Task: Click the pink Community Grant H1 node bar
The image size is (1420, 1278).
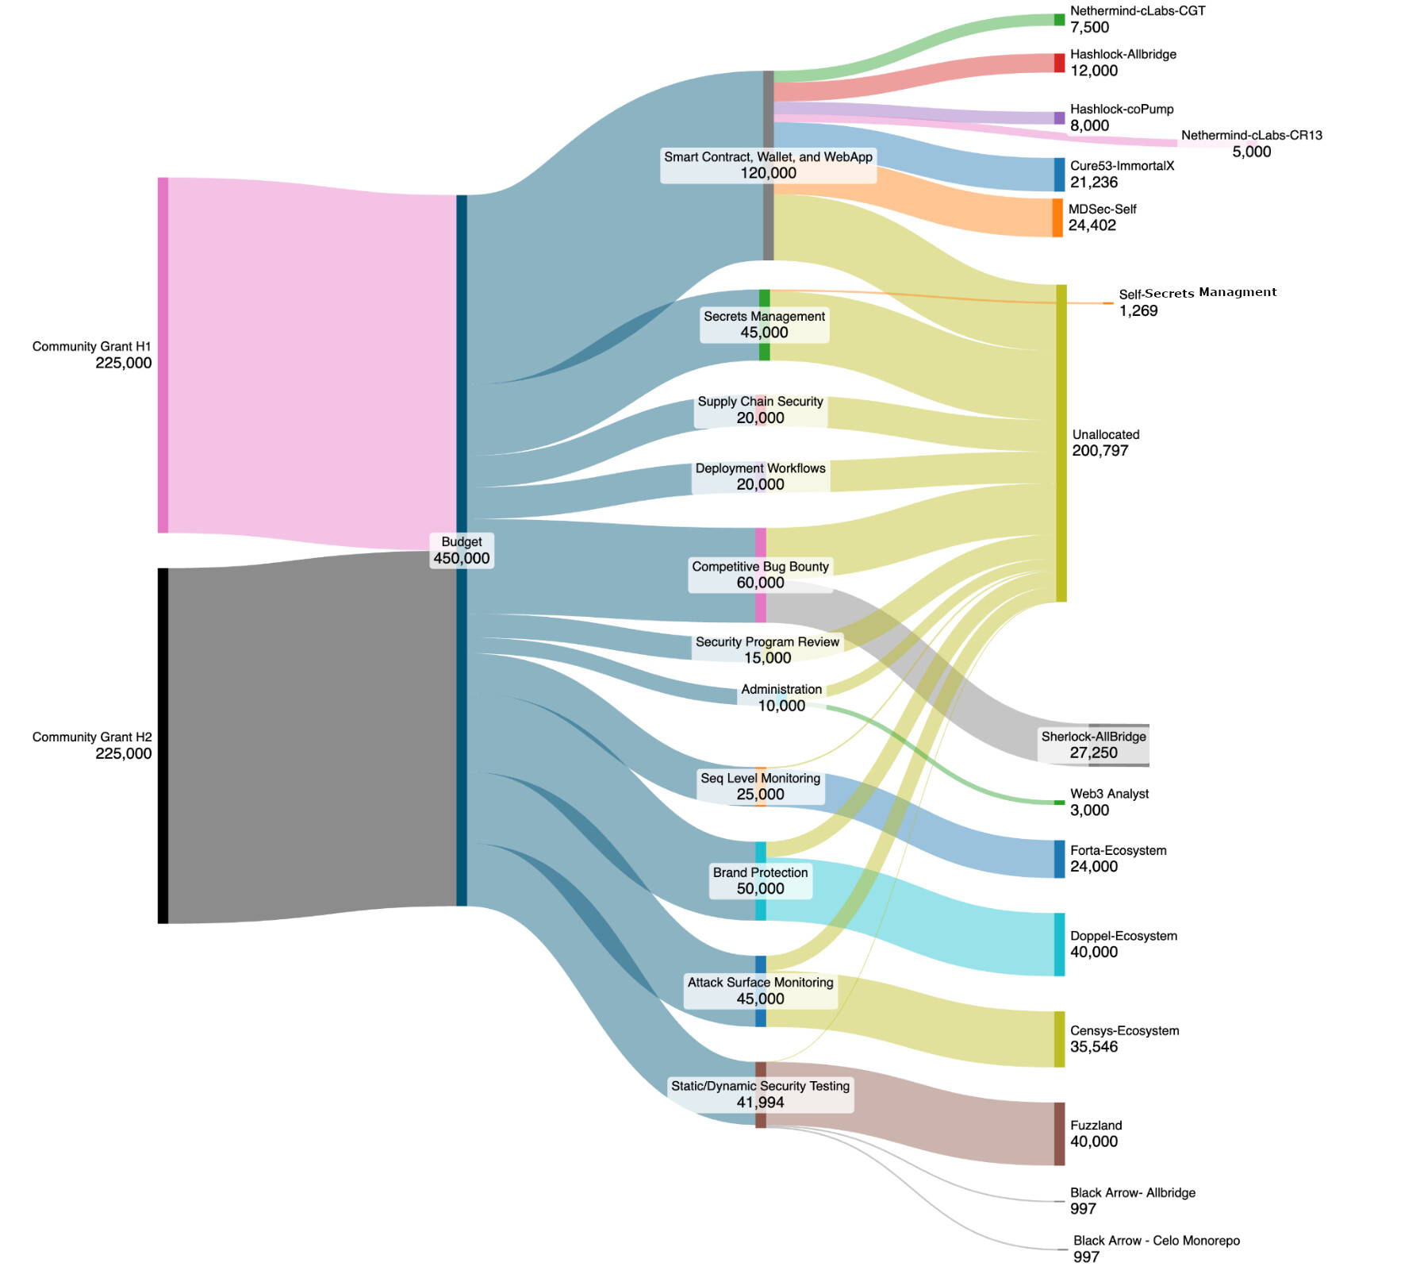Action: [x=163, y=355]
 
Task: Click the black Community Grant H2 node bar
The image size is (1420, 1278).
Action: [x=163, y=745]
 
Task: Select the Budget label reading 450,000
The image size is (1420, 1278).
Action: [x=461, y=558]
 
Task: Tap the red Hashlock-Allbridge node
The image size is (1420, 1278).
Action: [x=1059, y=63]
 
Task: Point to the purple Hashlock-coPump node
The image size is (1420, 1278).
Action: [x=1059, y=118]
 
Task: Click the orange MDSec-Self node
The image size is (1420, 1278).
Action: [x=1057, y=217]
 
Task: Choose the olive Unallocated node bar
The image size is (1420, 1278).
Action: [x=1061, y=443]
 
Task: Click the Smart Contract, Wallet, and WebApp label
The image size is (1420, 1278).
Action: [x=768, y=157]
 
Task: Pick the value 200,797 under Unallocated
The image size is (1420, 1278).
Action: [x=1100, y=451]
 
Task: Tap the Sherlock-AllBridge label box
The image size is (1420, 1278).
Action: [x=1093, y=745]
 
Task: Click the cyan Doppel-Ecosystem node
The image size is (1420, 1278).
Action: [x=1059, y=944]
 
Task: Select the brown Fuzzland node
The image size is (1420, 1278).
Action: [x=1059, y=1134]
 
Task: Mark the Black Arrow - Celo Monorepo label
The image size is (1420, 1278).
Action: [x=1156, y=1241]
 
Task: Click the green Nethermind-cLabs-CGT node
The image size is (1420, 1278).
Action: [x=1059, y=20]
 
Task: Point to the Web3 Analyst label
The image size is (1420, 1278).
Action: [x=1109, y=794]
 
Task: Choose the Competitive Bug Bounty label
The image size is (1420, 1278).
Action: [x=760, y=567]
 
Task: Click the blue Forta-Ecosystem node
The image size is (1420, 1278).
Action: [x=1059, y=859]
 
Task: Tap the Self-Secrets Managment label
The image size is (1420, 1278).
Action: [x=1197, y=293]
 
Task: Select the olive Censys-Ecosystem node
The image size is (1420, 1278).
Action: [x=1059, y=1039]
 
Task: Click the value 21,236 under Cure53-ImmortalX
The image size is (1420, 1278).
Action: [x=1093, y=183]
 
